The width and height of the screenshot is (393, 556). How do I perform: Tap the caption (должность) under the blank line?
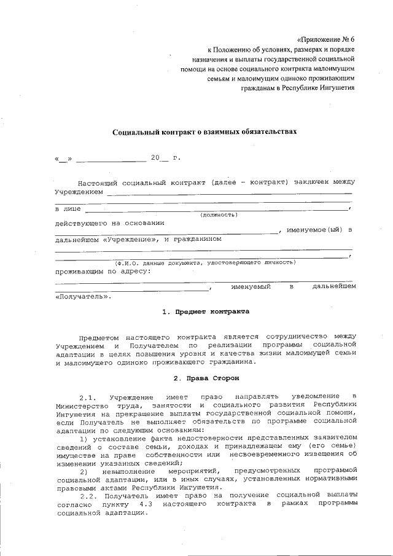(219, 215)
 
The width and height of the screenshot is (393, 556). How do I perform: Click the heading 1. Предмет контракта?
(206, 311)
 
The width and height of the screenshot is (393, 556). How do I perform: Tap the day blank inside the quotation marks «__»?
(63, 159)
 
